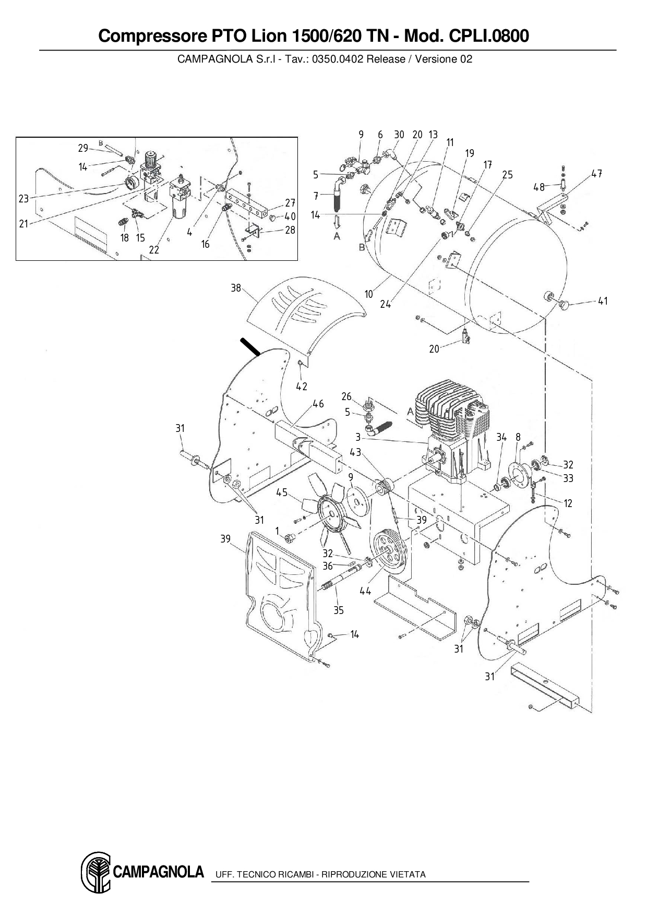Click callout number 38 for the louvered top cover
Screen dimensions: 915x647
click(x=236, y=287)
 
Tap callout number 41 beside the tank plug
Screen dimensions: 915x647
click(x=603, y=301)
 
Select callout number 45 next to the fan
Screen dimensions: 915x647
click(x=282, y=492)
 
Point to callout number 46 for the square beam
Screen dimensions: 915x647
click(x=318, y=404)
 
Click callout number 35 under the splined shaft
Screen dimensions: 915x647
click(x=339, y=610)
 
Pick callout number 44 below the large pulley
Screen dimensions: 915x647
click(x=365, y=591)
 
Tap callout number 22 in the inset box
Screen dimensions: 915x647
click(x=154, y=250)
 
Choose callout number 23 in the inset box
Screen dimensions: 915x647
click(x=23, y=198)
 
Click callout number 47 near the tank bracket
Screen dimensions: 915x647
click(x=597, y=174)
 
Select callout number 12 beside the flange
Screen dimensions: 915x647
click(x=568, y=503)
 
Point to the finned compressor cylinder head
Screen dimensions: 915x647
click(x=451, y=407)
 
